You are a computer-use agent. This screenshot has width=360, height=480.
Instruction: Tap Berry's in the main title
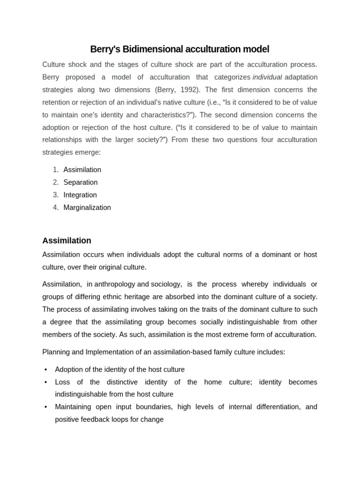coord(102,49)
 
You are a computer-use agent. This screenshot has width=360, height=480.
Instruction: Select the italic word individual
coord(267,77)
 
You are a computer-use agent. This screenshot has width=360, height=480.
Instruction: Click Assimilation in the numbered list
coord(82,170)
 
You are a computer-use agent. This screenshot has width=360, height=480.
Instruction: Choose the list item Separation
coord(81,182)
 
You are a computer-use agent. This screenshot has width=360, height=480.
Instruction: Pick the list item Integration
coord(80,195)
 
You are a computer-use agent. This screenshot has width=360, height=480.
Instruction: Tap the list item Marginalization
coord(87,208)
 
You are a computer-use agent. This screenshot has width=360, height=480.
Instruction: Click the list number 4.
coord(56,208)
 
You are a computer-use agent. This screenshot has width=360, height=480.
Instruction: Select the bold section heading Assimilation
coord(67,240)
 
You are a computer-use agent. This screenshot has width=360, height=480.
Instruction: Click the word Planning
coord(56,352)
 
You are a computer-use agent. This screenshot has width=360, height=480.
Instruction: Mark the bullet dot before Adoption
coord(45,370)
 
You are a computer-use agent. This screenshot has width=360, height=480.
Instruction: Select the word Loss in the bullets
coord(62,382)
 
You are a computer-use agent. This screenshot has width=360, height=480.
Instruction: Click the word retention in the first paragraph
coord(57,102)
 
